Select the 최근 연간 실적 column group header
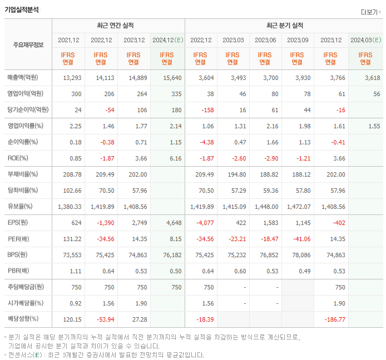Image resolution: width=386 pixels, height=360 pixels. pyautogui.click(x=118, y=26)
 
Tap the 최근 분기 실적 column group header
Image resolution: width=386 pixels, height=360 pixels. pyautogui.click(x=284, y=26)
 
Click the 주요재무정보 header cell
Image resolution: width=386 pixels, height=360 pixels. pyautogui.click(x=28, y=45)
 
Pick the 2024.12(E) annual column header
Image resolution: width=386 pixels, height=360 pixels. pyautogui.click(x=167, y=40)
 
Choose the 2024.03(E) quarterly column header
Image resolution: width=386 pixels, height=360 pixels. pyautogui.click(x=365, y=40)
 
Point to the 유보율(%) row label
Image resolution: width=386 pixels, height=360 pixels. pyautogui.click(x=20, y=206)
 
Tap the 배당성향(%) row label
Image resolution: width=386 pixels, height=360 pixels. pyautogui.click(x=23, y=319)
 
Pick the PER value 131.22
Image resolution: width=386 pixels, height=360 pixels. pyautogui.click(x=71, y=238)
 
